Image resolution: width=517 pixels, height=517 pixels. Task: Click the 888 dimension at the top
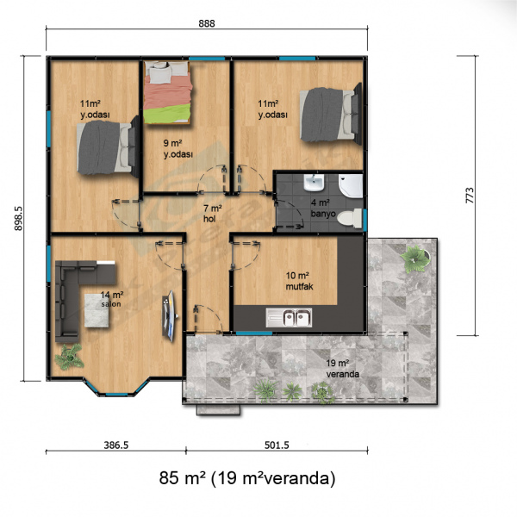(x=207, y=23)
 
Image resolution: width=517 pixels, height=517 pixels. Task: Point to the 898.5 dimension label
(x=18, y=218)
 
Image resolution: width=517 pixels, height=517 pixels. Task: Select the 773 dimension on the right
(x=470, y=196)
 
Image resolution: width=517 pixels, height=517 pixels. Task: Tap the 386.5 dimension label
(x=116, y=445)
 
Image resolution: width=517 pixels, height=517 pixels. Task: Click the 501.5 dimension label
(x=277, y=445)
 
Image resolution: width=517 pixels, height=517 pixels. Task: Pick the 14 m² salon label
(x=112, y=299)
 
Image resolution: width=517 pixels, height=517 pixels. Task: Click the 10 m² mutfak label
(x=299, y=281)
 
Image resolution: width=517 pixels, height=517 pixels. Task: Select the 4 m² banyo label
(x=323, y=208)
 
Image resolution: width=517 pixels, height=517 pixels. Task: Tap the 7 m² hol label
(x=212, y=214)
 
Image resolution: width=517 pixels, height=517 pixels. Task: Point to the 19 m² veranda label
(x=343, y=369)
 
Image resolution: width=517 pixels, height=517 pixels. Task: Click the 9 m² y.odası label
(x=178, y=149)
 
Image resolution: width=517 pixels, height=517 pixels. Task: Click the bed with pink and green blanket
(x=168, y=93)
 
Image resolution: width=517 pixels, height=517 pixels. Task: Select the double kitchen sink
(x=289, y=318)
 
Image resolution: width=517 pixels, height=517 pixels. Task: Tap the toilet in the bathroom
(x=350, y=218)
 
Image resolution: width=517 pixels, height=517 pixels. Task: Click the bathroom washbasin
(x=315, y=183)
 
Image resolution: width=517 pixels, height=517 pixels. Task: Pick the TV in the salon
(x=170, y=315)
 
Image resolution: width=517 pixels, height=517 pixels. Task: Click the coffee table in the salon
(x=97, y=310)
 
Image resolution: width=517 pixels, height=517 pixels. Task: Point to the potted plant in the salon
(x=69, y=357)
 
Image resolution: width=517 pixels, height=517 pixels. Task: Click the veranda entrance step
(x=218, y=410)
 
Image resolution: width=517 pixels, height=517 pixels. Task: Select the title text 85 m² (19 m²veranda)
(x=247, y=477)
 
